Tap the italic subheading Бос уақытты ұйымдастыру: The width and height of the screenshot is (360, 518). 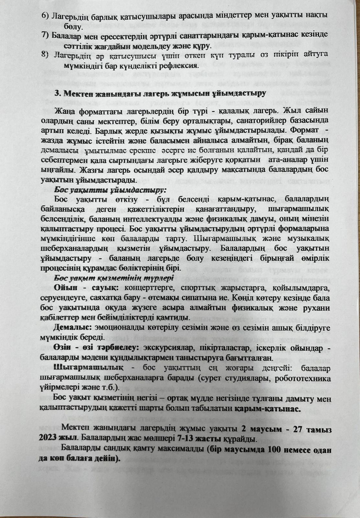coord(110,189)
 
